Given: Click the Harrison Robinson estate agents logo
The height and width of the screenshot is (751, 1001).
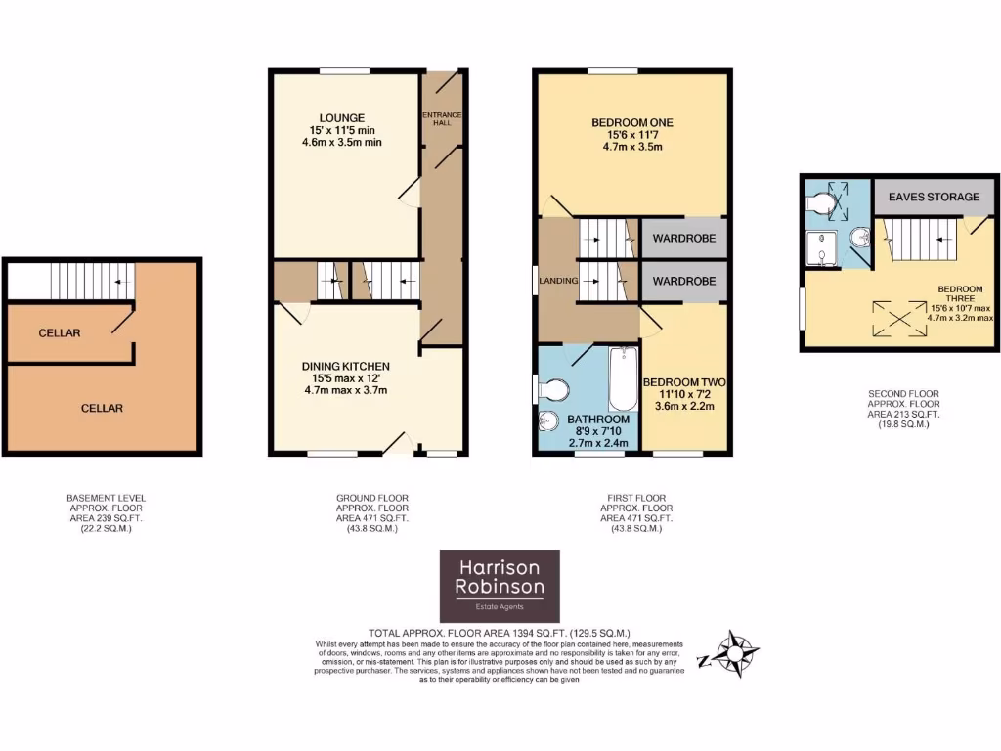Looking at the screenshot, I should (x=499, y=585).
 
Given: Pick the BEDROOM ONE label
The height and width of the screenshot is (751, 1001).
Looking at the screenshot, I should (x=632, y=122).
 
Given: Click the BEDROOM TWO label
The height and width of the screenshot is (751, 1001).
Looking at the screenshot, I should (x=684, y=381).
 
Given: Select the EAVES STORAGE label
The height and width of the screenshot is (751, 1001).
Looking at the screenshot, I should (x=934, y=197).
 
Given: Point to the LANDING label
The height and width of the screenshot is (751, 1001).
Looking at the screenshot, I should (x=557, y=281).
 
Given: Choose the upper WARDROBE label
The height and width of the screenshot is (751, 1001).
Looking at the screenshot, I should (x=684, y=238).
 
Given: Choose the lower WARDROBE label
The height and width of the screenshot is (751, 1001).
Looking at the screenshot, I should (x=684, y=281).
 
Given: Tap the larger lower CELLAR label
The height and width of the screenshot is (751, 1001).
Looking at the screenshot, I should (x=102, y=408).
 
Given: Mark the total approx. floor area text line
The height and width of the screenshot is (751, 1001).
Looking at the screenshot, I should (x=499, y=633).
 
